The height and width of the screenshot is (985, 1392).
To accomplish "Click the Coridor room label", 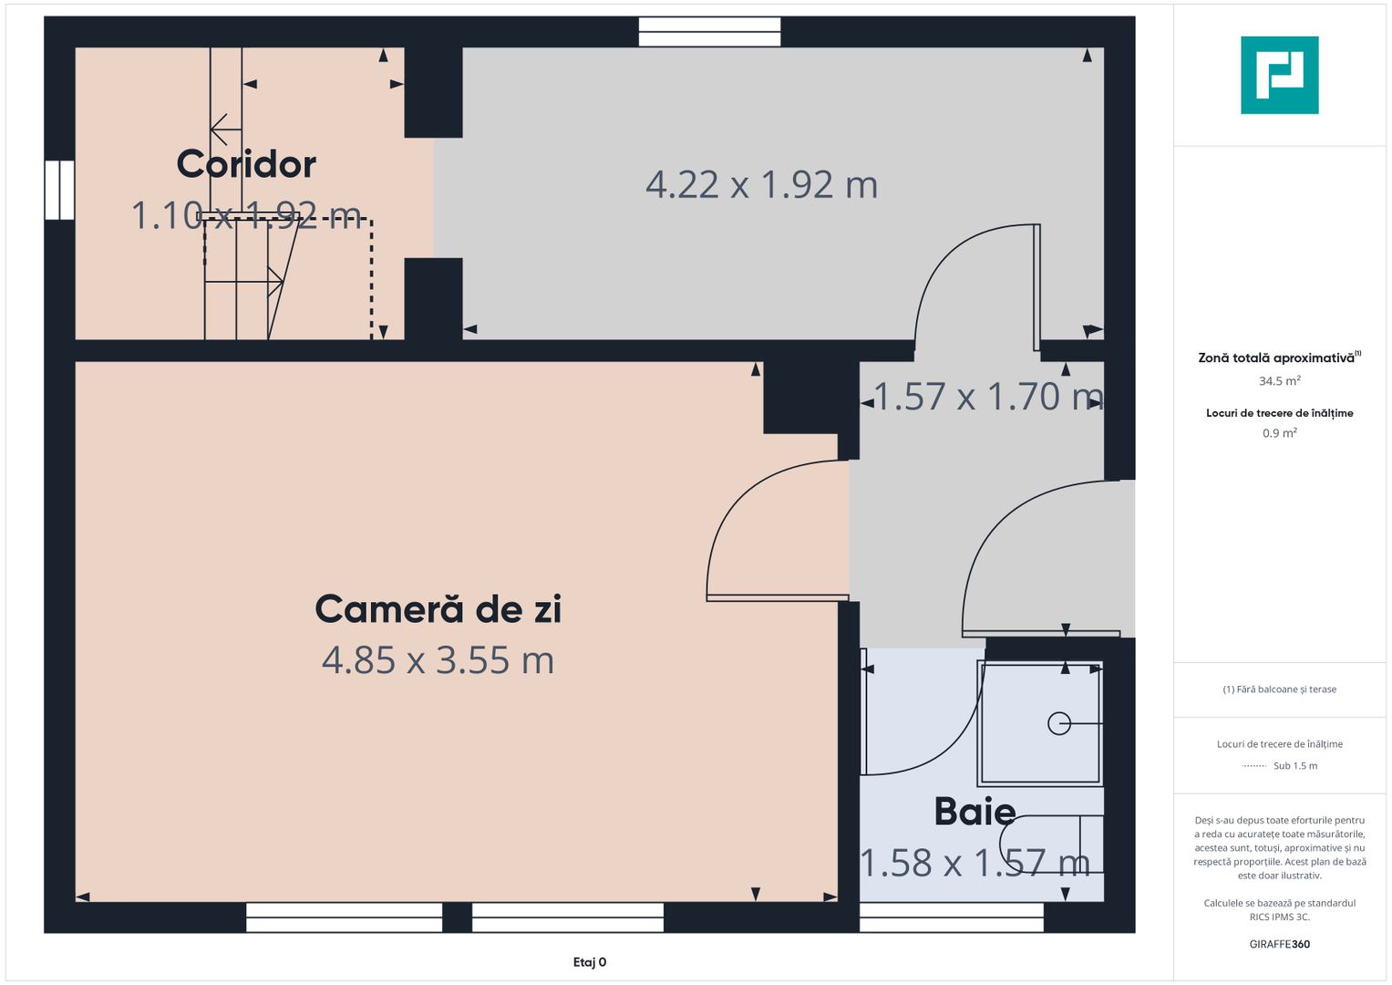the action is point(246,164).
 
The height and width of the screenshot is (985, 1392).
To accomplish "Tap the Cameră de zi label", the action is point(438,608).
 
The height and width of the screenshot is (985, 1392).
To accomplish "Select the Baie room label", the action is point(975,811).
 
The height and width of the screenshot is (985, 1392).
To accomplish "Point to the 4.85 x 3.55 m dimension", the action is point(438,659).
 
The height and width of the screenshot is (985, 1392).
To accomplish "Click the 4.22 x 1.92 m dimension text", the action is point(761,184).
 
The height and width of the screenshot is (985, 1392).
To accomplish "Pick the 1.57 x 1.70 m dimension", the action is point(988,396).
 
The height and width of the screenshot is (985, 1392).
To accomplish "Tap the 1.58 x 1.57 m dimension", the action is point(975,863).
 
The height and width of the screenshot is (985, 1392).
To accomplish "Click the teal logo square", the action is point(1280,75).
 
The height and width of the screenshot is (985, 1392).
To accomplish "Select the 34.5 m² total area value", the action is point(1280,380).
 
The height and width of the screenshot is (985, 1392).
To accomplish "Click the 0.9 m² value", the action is point(1280,433).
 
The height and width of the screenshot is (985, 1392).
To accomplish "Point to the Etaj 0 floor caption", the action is point(590,962).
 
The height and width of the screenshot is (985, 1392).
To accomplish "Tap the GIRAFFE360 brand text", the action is point(1280,944).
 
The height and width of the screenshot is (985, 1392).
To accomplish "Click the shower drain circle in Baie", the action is point(1059,723).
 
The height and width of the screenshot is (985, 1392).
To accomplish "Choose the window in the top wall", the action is point(709,32).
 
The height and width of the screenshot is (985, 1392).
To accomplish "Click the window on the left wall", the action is point(59,190).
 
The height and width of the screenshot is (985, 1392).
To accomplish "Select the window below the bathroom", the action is point(952,918).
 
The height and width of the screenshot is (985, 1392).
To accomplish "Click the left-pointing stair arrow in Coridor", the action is point(226,130).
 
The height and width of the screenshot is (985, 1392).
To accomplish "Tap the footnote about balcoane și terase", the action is point(1280,689).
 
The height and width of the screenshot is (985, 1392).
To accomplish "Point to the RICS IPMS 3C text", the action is point(1280,917).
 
